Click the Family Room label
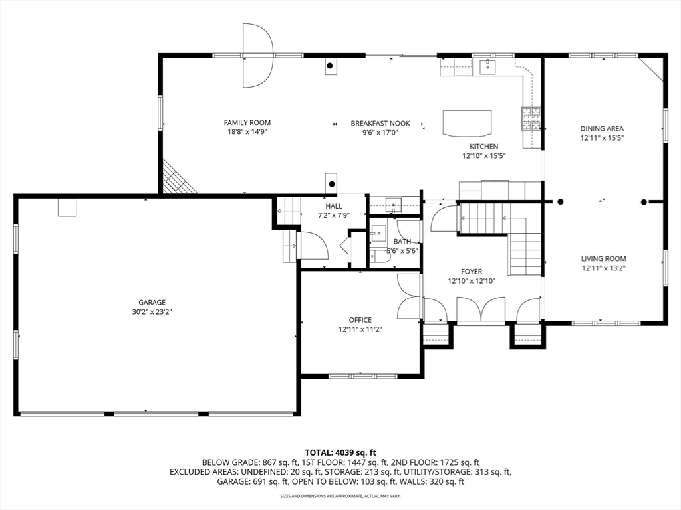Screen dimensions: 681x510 pos(247,123)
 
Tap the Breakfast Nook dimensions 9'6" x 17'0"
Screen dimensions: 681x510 pos(380,133)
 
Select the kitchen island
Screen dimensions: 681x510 pos(468,124)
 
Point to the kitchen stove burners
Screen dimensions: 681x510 pos(531,118)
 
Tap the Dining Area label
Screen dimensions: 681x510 pos(602,128)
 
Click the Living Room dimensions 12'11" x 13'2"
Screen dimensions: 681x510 pos(604,268)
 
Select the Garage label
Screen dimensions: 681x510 pos(152,302)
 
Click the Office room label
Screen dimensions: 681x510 pos(360,320)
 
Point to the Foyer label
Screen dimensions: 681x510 pos(472,272)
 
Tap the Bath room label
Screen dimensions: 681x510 pos(402,242)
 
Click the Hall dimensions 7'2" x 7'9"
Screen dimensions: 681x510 pos(334,215)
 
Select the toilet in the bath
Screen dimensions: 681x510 pos(380,257)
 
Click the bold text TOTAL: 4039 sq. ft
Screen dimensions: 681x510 pos(340,453)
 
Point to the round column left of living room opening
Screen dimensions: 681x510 pos(560,202)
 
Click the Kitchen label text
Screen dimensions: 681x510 pos(484,147)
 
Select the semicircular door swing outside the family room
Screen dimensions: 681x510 pos(257,56)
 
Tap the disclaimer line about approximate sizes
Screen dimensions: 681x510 pos(340,496)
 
